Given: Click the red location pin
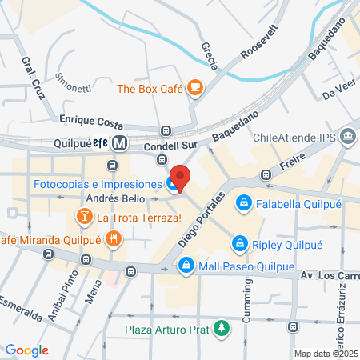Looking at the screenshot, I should click(181, 178).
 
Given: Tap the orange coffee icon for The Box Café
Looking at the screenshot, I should click(194, 89).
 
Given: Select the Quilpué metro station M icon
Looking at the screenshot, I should click(120, 144).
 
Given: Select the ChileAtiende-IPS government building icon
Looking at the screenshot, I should click(347, 137).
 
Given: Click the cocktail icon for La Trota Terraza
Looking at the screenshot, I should click(84, 216).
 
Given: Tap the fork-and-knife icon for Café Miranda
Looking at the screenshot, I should click(114, 238).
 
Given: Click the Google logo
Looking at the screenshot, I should click(26, 350).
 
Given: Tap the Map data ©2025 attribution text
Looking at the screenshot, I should click(325, 354).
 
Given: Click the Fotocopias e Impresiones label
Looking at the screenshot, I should click(96, 184).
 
